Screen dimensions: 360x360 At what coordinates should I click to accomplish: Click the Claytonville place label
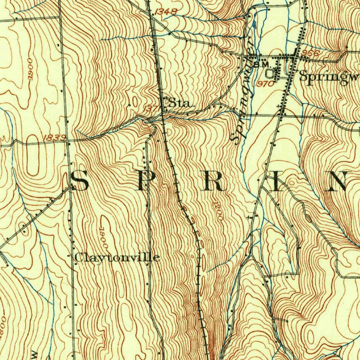point(117,258)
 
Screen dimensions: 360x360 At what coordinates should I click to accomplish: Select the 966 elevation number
point(310,53)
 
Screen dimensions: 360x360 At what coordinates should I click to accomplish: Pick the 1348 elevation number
point(165,12)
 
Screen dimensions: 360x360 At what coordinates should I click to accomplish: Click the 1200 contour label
point(218,211)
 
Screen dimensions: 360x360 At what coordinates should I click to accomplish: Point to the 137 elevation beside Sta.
point(152,109)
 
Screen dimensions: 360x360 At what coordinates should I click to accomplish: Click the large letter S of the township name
point(80,181)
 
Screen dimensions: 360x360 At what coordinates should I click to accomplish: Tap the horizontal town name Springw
point(329,77)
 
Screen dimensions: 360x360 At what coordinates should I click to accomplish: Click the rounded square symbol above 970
point(270,73)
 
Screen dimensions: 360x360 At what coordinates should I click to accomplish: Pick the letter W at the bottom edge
point(34,354)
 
